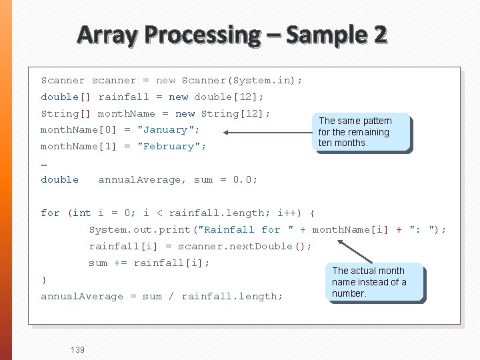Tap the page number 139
(x=77, y=349)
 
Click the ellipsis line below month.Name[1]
(x=44, y=163)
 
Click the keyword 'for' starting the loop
(x=50, y=213)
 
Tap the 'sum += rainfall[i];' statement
(x=149, y=263)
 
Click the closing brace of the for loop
(x=44, y=279)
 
